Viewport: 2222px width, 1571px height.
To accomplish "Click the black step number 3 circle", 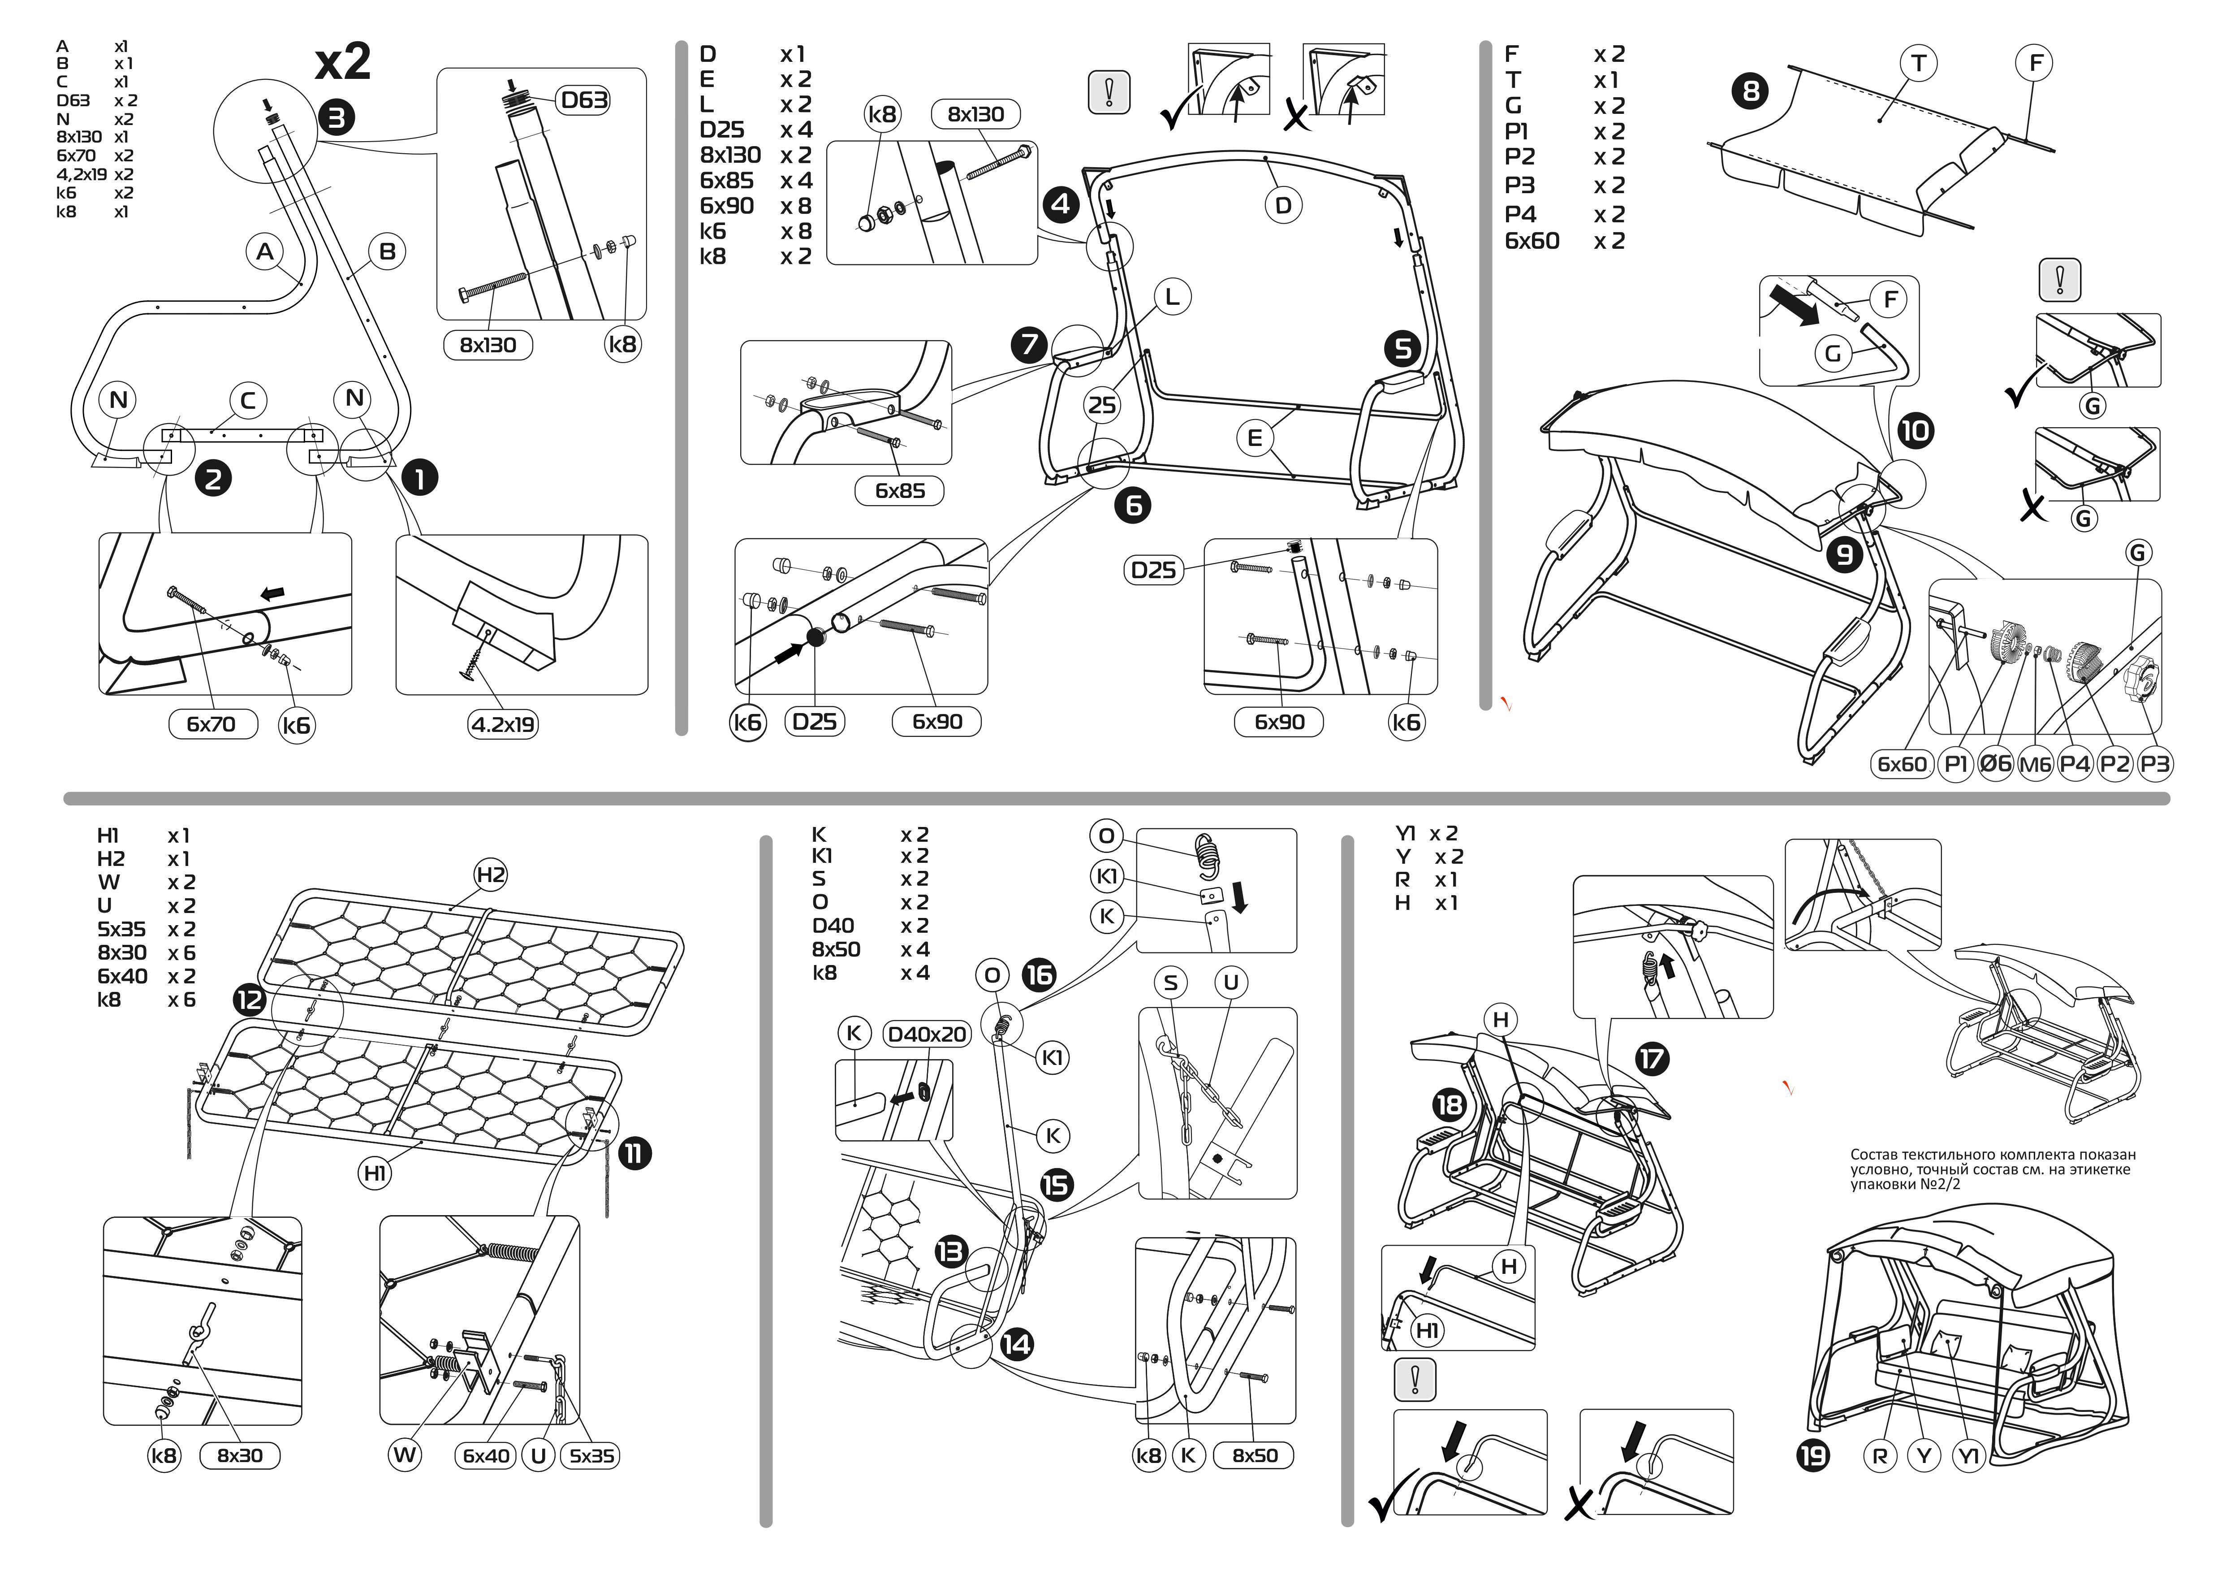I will [x=337, y=118].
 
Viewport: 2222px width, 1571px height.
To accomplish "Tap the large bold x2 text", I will [x=343, y=62].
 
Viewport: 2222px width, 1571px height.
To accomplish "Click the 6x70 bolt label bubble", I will [x=211, y=724].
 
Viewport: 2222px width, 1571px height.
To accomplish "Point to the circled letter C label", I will [x=248, y=400].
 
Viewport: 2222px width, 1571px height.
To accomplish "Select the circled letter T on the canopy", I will [x=1917, y=64].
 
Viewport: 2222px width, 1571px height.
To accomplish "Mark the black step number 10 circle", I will [x=1914, y=431].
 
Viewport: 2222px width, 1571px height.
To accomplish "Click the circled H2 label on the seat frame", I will [x=491, y=875].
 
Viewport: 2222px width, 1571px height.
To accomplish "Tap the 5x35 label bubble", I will [x=591, y=1456].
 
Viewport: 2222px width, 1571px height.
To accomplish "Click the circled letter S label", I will [x=1171, y=982].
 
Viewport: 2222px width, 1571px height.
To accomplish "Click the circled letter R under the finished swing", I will [x=1879, y=1456].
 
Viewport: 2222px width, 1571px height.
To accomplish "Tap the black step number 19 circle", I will [x=1812, y=1456].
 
